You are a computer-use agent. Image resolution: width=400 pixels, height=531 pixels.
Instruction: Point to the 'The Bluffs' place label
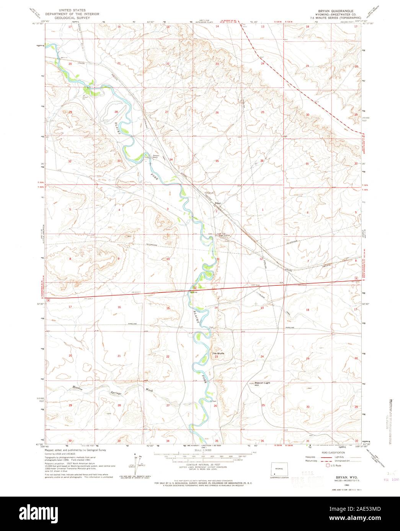click(218, 354)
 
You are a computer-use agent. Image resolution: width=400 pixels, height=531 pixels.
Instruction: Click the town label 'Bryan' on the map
click(218, 203)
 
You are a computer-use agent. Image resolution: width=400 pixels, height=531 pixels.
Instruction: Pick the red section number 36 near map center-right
click(262, 161)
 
